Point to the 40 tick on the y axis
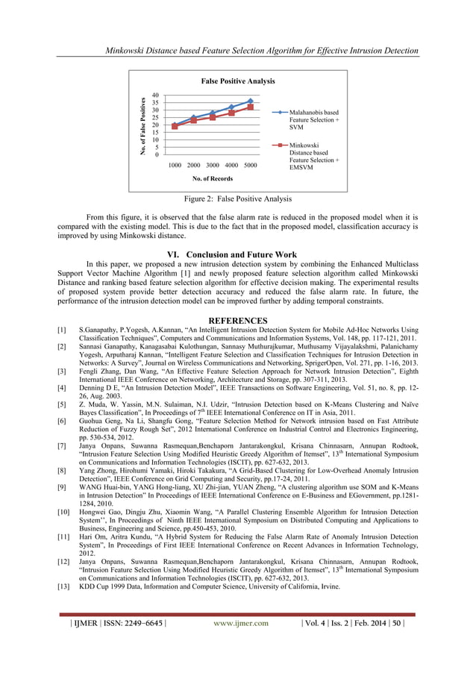[x=155, y=96]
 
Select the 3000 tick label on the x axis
[x=212, y=164]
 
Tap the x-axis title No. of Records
[x=213, y=179]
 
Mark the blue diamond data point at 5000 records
[x=251, y=101]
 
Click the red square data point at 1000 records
[x=175, y=126]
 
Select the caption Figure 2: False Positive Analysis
[x=238, y=199]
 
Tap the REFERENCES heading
[x=238, y=321]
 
